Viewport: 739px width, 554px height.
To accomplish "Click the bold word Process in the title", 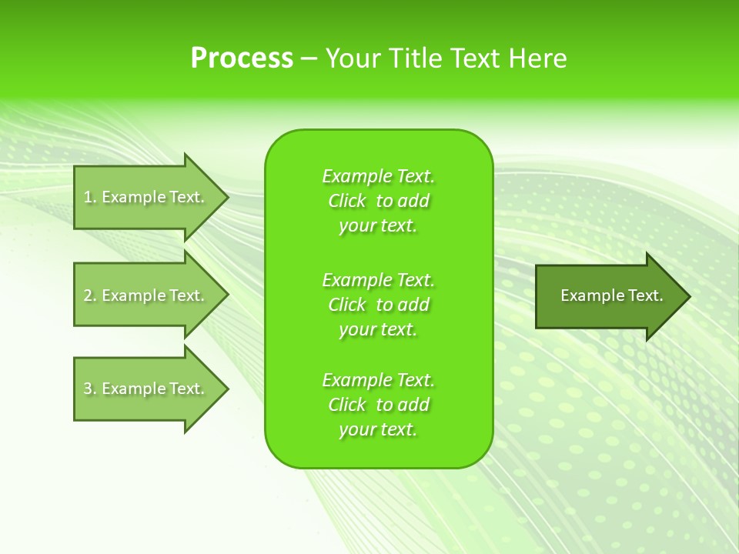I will point(242,58).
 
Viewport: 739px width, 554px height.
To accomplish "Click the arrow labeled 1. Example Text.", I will point(146,197).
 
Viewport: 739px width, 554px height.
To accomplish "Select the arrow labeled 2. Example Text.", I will point(146,295).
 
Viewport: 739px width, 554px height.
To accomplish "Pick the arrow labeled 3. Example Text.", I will point(146,389).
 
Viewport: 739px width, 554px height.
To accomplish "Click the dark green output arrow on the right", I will point(608,295).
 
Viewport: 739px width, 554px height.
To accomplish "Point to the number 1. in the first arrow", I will point(90,197).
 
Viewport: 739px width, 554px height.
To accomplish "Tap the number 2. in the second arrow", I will point(90,295).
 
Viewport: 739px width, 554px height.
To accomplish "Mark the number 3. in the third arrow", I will point(90,389).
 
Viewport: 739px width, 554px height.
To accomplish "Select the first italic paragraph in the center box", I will point(378,201).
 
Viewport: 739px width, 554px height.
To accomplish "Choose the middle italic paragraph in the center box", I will point(378,305).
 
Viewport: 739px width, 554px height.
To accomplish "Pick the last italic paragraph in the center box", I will point(378,405).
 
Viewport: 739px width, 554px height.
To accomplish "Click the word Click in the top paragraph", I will point(347,201).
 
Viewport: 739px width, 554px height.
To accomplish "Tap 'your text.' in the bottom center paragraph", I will point(378,429).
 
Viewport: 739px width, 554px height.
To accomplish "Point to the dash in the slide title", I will point(309,58).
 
